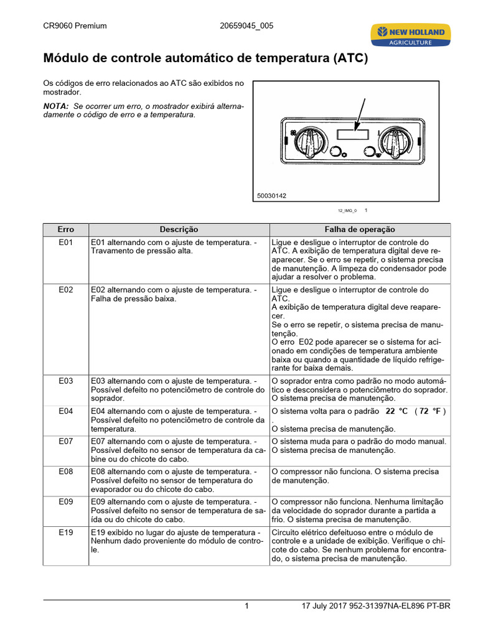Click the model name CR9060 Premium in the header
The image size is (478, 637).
coord(75,26)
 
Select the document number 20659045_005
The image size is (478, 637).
coord(246,26)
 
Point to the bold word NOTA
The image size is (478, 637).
coord(55,106)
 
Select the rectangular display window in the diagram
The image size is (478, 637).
coord(350,134)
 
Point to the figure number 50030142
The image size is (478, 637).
coord(272,195)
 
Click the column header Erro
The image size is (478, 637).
coord(66,230)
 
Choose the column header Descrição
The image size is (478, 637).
coord(179,230)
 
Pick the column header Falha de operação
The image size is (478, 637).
coord(359,230)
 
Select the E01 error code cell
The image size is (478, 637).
coord(66,243)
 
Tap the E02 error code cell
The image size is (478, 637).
coord(66,290)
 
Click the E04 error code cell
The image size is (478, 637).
coord(66,411)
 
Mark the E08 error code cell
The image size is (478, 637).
coord(66,472)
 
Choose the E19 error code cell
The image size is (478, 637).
coord(66,532)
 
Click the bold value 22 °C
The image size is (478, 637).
coord(396,412)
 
